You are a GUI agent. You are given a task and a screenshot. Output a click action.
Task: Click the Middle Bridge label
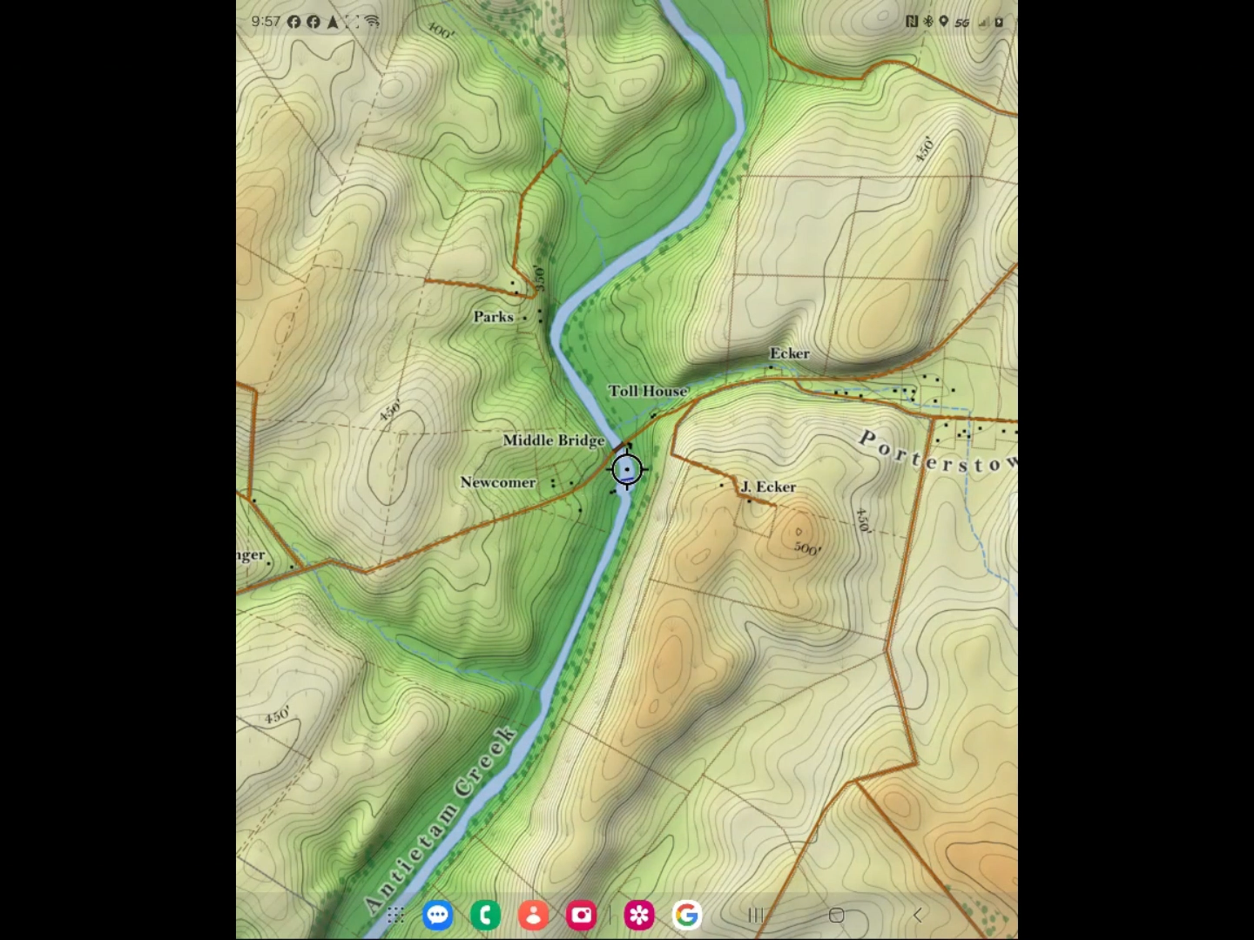pos(553,440)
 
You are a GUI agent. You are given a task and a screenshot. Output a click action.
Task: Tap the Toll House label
pos(648,391)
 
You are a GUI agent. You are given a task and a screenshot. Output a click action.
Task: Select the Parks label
pos(493,317)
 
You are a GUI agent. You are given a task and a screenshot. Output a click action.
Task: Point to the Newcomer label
pos(497,482)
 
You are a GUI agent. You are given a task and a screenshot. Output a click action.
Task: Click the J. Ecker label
pos(768,487)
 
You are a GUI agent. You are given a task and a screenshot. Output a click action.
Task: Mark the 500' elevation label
pos(806,548)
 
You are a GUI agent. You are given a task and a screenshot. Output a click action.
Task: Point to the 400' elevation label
pos(442,31)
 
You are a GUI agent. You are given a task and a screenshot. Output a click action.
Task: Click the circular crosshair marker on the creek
pos(627,470)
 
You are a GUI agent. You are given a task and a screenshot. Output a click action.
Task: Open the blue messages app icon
pos(438,915)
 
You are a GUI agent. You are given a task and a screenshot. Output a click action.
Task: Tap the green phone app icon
pos(485,915)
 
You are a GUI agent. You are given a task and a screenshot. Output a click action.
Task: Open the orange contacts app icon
pos(533,915)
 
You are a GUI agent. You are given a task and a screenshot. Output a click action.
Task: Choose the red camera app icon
pos(581,915)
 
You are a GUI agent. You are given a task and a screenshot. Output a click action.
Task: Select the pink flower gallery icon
pos(639,915)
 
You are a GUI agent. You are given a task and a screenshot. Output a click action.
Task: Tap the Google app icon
pos(687,915)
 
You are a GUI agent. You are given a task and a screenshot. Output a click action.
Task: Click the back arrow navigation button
pos(917,915)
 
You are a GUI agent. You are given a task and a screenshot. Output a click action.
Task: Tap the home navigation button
pos(836,915)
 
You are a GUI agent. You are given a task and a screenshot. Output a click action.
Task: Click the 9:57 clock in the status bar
pos(266,21)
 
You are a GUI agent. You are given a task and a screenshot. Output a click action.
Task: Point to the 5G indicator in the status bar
pos(961,22)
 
